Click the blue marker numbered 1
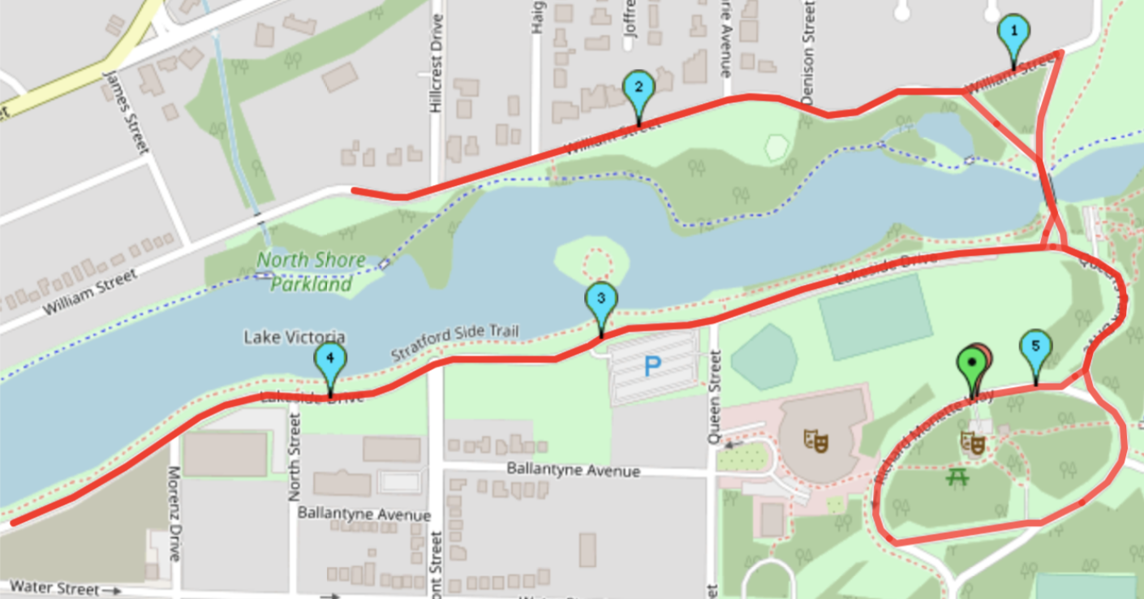[1013, 34]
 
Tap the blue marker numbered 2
[638, 88]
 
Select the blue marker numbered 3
[601, 299]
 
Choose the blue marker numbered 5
[1035, 347]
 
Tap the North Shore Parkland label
[305, 272]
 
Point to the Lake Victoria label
[295, 337]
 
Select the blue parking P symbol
[652, 367]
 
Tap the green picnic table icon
[958, 477]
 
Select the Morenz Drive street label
[174, 513]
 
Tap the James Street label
[127, 112]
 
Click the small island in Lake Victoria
[592, 261]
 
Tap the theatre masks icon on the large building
[816, 441]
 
